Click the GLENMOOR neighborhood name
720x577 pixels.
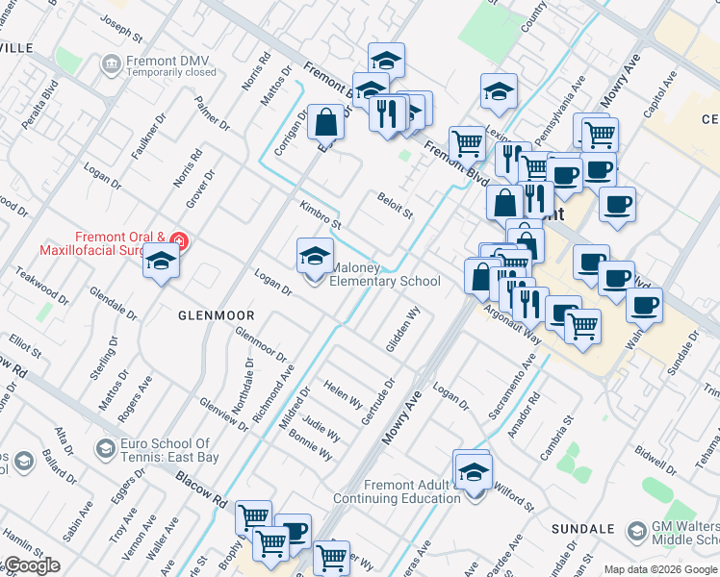click(x=217, y=315)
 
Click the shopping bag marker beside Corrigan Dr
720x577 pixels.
click(x=326, y=121)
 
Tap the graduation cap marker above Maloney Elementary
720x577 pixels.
click(x=315, y=255)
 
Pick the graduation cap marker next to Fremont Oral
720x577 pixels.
click(x=161, y=261)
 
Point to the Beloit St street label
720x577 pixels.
click(x=395, y=204)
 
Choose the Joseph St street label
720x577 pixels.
click(x=127, y=32)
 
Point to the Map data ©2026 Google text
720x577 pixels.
click(x=660, y=569)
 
